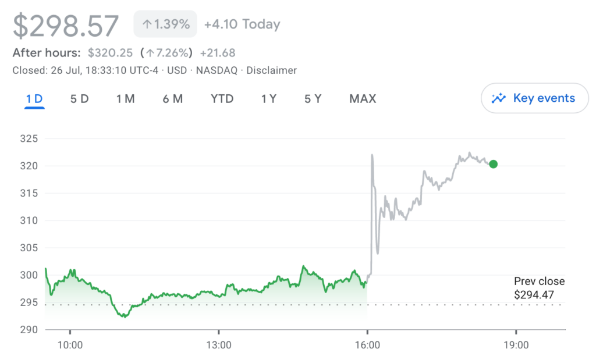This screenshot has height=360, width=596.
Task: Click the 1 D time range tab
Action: [34, 99]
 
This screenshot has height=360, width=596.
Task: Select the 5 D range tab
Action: [79, 99]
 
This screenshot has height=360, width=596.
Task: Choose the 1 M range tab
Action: [125, 99]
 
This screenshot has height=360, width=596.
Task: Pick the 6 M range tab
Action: [172, 99]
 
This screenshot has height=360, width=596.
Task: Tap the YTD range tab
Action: [222, 99]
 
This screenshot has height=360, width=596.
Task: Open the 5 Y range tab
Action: [313, 99]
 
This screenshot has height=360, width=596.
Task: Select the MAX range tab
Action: [363, 99]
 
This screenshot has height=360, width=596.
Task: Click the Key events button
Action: [534, 98]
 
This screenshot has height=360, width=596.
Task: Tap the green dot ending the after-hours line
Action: [493, 164]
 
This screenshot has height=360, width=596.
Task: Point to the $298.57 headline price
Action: [66, 26]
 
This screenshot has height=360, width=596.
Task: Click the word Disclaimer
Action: [272, 70]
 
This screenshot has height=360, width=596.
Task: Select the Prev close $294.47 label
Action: [539, 288]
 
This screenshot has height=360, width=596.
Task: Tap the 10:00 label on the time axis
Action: [70, 345]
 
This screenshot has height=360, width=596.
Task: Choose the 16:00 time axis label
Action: [367, 345]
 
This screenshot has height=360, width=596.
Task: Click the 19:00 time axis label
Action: [516, 345]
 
